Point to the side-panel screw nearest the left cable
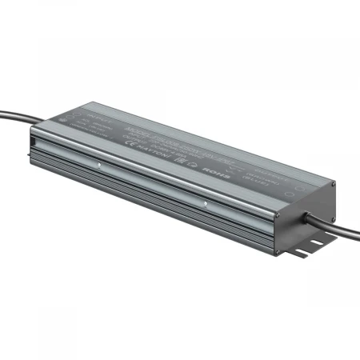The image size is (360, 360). pos(98,167)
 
